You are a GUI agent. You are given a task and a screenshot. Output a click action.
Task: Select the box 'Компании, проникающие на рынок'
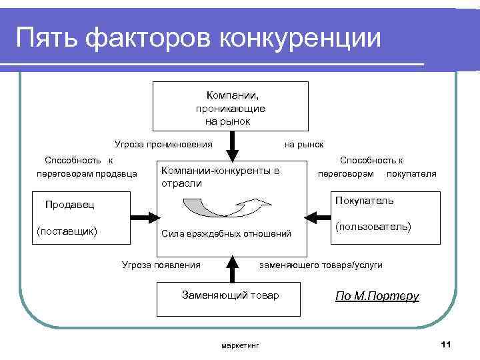coord(231,106)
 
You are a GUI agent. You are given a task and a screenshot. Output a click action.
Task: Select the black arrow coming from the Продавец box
coord(143,217)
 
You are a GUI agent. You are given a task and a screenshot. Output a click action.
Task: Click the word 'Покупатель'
coord(365,200)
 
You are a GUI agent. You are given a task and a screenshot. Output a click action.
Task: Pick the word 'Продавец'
coord(69,205)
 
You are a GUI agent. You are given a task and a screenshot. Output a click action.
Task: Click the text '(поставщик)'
coord(68,231)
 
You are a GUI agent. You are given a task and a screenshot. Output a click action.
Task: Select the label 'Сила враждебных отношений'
coord(227,234)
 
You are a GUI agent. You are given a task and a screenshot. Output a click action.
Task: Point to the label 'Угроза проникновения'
coord(163,143)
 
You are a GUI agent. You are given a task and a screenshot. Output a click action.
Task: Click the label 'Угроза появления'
coord(161,265)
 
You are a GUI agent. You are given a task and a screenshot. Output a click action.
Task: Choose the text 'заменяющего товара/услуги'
coord(320,265)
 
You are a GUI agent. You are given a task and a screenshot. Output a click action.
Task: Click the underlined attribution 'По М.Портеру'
coord(377,296)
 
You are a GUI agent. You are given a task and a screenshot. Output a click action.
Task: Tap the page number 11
coord(446,344)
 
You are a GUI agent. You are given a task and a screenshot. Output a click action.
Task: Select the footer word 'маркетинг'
coord(239,345)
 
